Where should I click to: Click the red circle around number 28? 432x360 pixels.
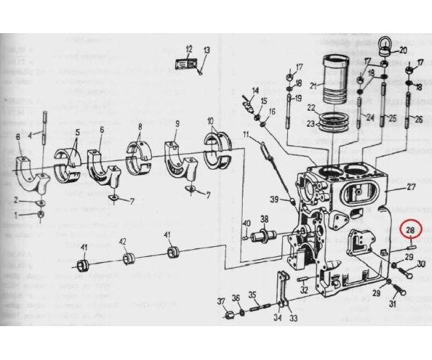411,230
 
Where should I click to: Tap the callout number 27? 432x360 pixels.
412,187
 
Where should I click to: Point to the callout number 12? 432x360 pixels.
189,50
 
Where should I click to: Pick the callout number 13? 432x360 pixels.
206,50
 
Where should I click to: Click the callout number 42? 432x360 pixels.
122,242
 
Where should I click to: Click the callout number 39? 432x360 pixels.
273,199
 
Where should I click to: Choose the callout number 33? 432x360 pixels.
292,318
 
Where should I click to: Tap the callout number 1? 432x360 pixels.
16,215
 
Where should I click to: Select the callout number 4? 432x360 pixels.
31,135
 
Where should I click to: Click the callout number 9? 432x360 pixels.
176,124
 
